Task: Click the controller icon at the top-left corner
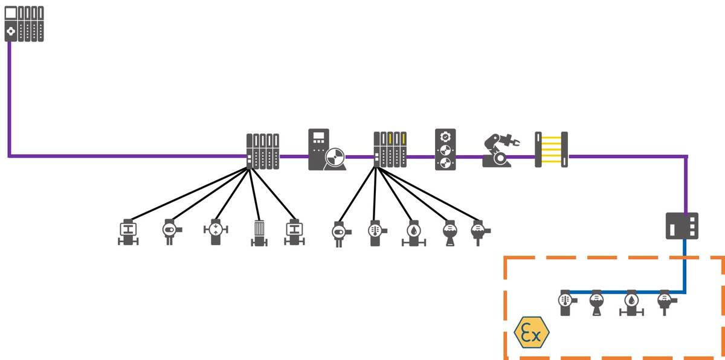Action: [x=24, y=24]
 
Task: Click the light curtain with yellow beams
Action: [x=551, y=149]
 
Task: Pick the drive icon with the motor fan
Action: [x=327, y=150]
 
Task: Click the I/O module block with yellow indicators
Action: [x=390, y=151]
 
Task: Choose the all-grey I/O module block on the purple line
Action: [x=263, y=151]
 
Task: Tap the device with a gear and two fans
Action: [x=446, y=150]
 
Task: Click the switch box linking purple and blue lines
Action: [x=682, y=225]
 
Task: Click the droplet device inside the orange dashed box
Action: [x=631, y=302]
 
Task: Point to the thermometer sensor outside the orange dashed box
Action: [x=375, y=233]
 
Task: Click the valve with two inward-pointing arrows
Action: [x=216, y=231]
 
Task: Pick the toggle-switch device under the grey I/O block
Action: [x=169, y=231]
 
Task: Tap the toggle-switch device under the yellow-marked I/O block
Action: [x=340, y=233]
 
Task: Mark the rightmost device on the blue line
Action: [x=664, y=300]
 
